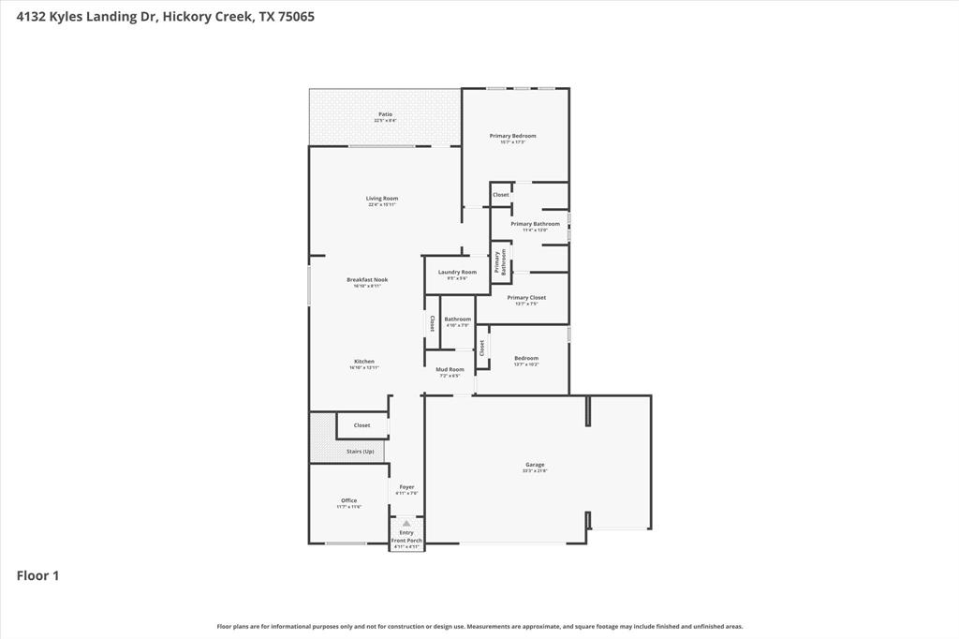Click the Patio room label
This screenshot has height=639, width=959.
pos(385,114)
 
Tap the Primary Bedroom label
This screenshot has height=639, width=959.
pos(512,136)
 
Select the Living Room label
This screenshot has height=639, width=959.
pos(382,199)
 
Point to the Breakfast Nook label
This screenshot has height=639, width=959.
pos(367,280)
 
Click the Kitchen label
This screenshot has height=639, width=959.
pos(364,362)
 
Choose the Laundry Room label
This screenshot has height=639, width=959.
pos(457,273)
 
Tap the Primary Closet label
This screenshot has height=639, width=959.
pos(525,298)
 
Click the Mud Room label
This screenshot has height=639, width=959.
pos(450,370)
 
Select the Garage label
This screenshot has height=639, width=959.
pos(535,465)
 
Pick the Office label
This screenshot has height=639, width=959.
pos(348,501)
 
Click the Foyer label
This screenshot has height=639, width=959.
pos(406,487)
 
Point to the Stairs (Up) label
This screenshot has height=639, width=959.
pos(361,452)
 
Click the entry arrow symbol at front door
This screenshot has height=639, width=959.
pos(406,523)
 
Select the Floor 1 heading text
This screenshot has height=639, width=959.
pos(37,576)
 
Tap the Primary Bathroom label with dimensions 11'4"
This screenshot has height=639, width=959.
pos(535,224)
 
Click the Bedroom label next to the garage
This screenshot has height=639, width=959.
pos(526,358)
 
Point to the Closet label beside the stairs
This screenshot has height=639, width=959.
pos(361,425)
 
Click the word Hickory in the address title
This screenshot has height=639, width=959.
pos(185,16)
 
